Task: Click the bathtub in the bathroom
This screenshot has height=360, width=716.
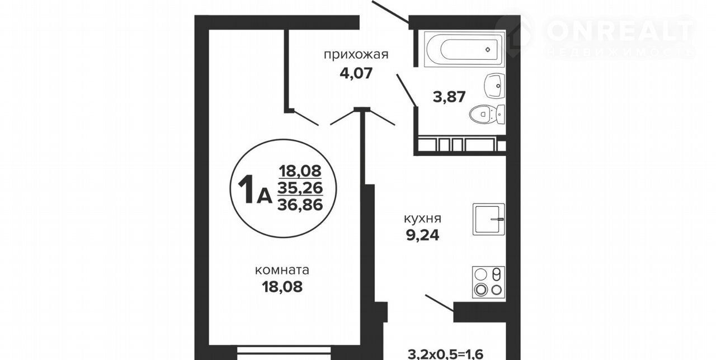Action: pos(464,49)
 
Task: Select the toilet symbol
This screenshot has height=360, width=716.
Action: pos(487,113)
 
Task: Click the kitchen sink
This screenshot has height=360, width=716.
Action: pos(489,219)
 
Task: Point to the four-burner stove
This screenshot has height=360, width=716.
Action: pos(489,282)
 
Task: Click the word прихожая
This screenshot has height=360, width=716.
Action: pos(356,55)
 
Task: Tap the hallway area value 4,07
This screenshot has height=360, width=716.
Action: pos(356,73)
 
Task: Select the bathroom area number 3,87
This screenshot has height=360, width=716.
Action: pos(449,97)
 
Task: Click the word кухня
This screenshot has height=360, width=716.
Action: pos(422,219)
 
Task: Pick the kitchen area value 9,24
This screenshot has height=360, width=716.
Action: pos(422,235)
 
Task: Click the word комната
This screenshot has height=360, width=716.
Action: pos(282,270)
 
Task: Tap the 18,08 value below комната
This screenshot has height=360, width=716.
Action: pos(282,287)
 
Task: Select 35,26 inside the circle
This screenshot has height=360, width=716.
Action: pos(300,188)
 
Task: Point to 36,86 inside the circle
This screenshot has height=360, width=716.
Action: pos(300,205)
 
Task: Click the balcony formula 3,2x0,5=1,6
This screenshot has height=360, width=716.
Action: pos(446,354)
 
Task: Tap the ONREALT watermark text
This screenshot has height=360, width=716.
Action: pos(620,31)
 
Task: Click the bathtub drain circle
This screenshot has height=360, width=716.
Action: pos(488,50)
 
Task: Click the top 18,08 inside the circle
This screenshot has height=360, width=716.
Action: pos(300,171)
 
